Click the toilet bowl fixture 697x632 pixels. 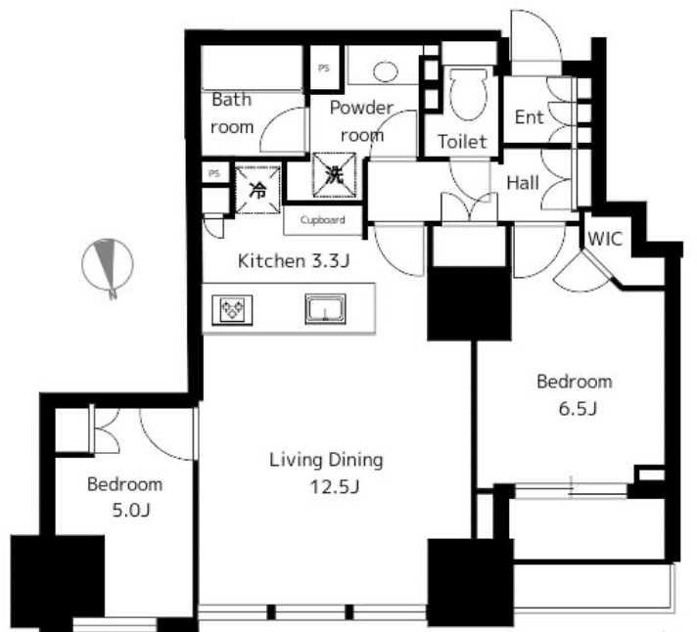point(468,93)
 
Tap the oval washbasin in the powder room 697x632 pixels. point(386,71)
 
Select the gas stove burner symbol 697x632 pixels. point(232,309)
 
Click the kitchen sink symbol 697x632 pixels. point(325,309)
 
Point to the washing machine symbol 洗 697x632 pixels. point(334,174)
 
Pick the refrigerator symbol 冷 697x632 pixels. point(257,190)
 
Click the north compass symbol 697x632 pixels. point(108,266)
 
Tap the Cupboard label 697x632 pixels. point(322,220)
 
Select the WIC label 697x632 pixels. point(605,239)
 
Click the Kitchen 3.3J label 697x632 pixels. point(294,260)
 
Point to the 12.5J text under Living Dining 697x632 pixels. point(334,487)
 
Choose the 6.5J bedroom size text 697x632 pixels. point(578,409)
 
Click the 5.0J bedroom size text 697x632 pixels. point(131,511)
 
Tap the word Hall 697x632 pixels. point(523,183)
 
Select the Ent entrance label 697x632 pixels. point(529,117)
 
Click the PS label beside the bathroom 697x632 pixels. point(324,68)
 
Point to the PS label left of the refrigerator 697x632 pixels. point(214,173)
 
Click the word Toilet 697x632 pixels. point(462,142)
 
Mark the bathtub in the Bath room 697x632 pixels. point(252,68)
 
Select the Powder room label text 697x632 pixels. point(362,120)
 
